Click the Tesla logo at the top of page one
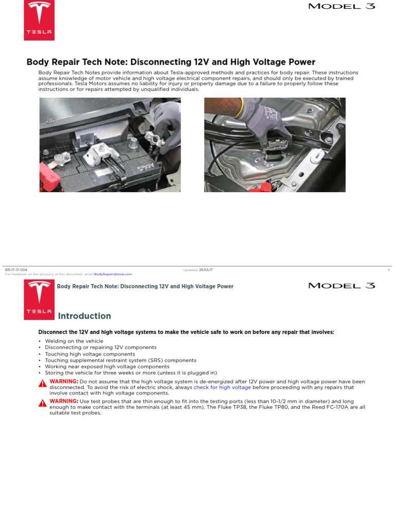click(39, 20)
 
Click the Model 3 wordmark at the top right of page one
click(342, 7)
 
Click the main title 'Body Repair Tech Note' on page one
click(171, 62)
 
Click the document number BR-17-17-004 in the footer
click(16, 270)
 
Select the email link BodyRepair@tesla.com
click(113, 274)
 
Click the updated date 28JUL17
click(206, 270)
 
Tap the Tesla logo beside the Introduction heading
click(39, 300)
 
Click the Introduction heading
click(84, 316)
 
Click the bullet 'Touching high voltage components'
click(90, 354)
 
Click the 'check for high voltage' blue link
click(222, 387)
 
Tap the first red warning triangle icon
click(42, 383)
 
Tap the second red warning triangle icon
click(42, 403)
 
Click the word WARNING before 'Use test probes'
click(63, 401)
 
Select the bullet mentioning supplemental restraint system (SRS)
click(120, 361)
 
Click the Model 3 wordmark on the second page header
click(342, 286)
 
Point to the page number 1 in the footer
click(389, 270)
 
